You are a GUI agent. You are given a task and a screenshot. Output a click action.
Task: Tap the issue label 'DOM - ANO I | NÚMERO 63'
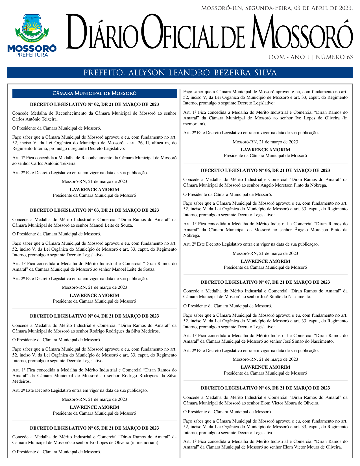click(x=311, y=57)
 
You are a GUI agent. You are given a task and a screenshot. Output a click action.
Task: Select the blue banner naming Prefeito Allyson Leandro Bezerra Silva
click(x=180, y=73)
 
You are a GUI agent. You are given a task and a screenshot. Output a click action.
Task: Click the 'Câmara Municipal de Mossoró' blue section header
click(x=95, y=93)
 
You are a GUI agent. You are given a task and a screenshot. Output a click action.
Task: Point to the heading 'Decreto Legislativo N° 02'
click(x=94, y=104)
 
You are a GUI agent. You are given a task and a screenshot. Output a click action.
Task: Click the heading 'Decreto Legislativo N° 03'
click(x=94, y=210)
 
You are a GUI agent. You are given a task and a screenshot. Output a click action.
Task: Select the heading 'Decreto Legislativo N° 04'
click(x=94, y=316)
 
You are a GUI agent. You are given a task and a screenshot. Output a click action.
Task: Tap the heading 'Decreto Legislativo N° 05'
click(x=94, y=428)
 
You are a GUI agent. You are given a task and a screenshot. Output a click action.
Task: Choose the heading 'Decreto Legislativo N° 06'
click(x=265, y=170)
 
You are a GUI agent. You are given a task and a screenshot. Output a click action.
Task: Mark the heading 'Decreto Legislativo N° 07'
click(x=265, y=282)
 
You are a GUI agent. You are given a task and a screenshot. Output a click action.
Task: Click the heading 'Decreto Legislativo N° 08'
click(x=265, y=388)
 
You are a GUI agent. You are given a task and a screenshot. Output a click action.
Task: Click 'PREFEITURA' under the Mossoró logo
click(x=32, y=55)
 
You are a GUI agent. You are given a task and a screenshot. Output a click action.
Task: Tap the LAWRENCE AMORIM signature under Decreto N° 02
click(x=94, y=190)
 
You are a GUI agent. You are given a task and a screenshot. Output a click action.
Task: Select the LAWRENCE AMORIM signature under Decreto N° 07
click(x=265, y=367)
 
